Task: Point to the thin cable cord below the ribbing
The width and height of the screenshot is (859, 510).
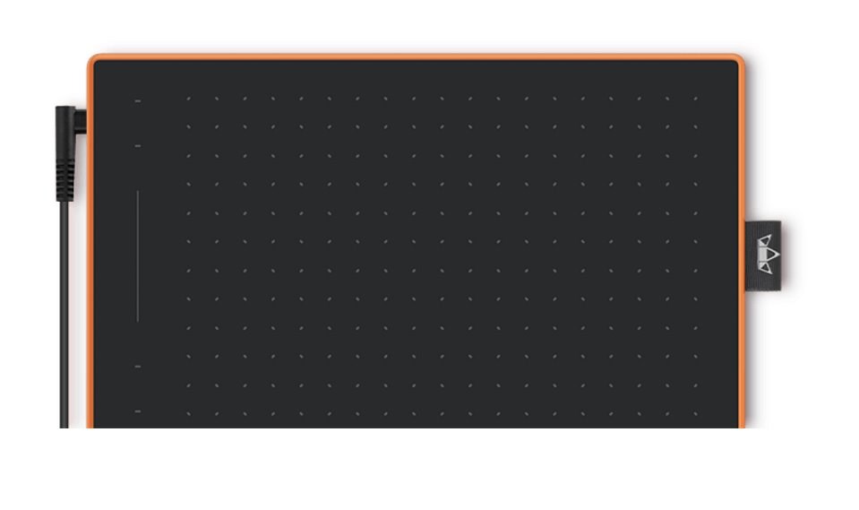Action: (x=64, y=314)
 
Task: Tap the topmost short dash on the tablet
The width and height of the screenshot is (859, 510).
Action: (x=138, y=101)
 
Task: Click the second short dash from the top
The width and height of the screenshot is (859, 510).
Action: (x=138, y=145)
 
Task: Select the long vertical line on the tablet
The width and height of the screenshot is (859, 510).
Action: (x=138, y=255)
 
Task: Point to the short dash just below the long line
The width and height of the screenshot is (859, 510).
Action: (x=138, y=366)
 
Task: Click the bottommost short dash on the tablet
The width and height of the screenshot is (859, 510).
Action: (x=138, y=411)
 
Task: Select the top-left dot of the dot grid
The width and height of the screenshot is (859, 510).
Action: (x=186, y=99)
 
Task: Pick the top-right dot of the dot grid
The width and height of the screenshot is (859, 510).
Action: (x=696, y=99)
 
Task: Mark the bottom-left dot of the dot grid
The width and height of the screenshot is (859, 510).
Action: (x=188, y=414)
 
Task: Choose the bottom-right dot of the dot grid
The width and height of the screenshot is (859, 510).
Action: (x=696, y=414)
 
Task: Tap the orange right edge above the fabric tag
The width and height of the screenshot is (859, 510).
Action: (x=743, y=143)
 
